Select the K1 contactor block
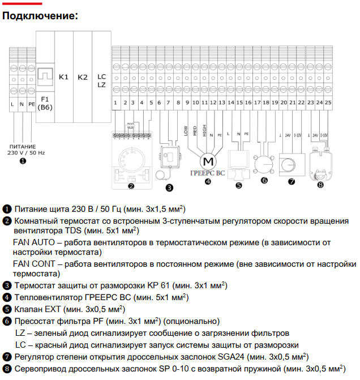tap(63, 77)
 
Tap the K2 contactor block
tap(83, 77)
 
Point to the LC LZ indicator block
tap(101, 80)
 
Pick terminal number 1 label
tap(115, 103)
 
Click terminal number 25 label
tap(328, 103)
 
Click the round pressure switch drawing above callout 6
tap(264, 164)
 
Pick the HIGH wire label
tap(203, 131)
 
